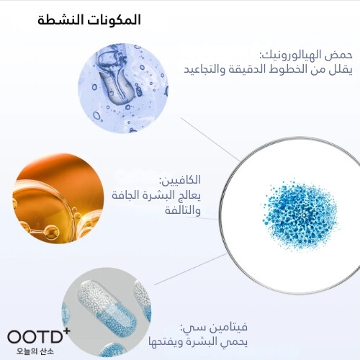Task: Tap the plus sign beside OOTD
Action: [x=66, y=330]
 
